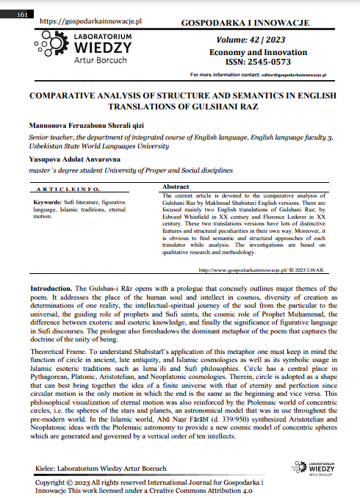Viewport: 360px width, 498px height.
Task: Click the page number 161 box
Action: pyautogui.click(x=22, y=15)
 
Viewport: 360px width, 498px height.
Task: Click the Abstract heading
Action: pyautogui.click(x=175, y=187)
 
